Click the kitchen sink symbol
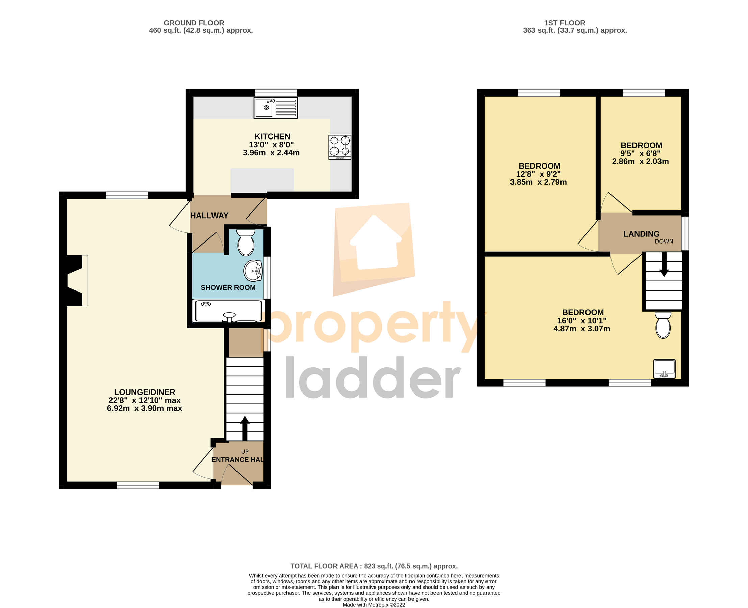(275, 108)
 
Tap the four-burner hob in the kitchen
(340, 147)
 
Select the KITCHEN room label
(272, 136)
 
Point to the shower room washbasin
(253, 271)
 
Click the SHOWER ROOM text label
(228, 287)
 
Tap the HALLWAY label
(209, 216)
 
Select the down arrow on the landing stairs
(664, 265)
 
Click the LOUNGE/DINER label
(144, 392)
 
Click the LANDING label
(641, 234)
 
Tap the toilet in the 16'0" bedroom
(663, 325)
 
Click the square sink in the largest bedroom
(664, 369)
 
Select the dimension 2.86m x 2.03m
(640, 161)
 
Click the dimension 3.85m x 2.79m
(538, 182)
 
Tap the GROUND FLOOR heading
(194, 23)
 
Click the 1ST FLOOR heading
(565, 23)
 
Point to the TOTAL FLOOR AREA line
(374, 566)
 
